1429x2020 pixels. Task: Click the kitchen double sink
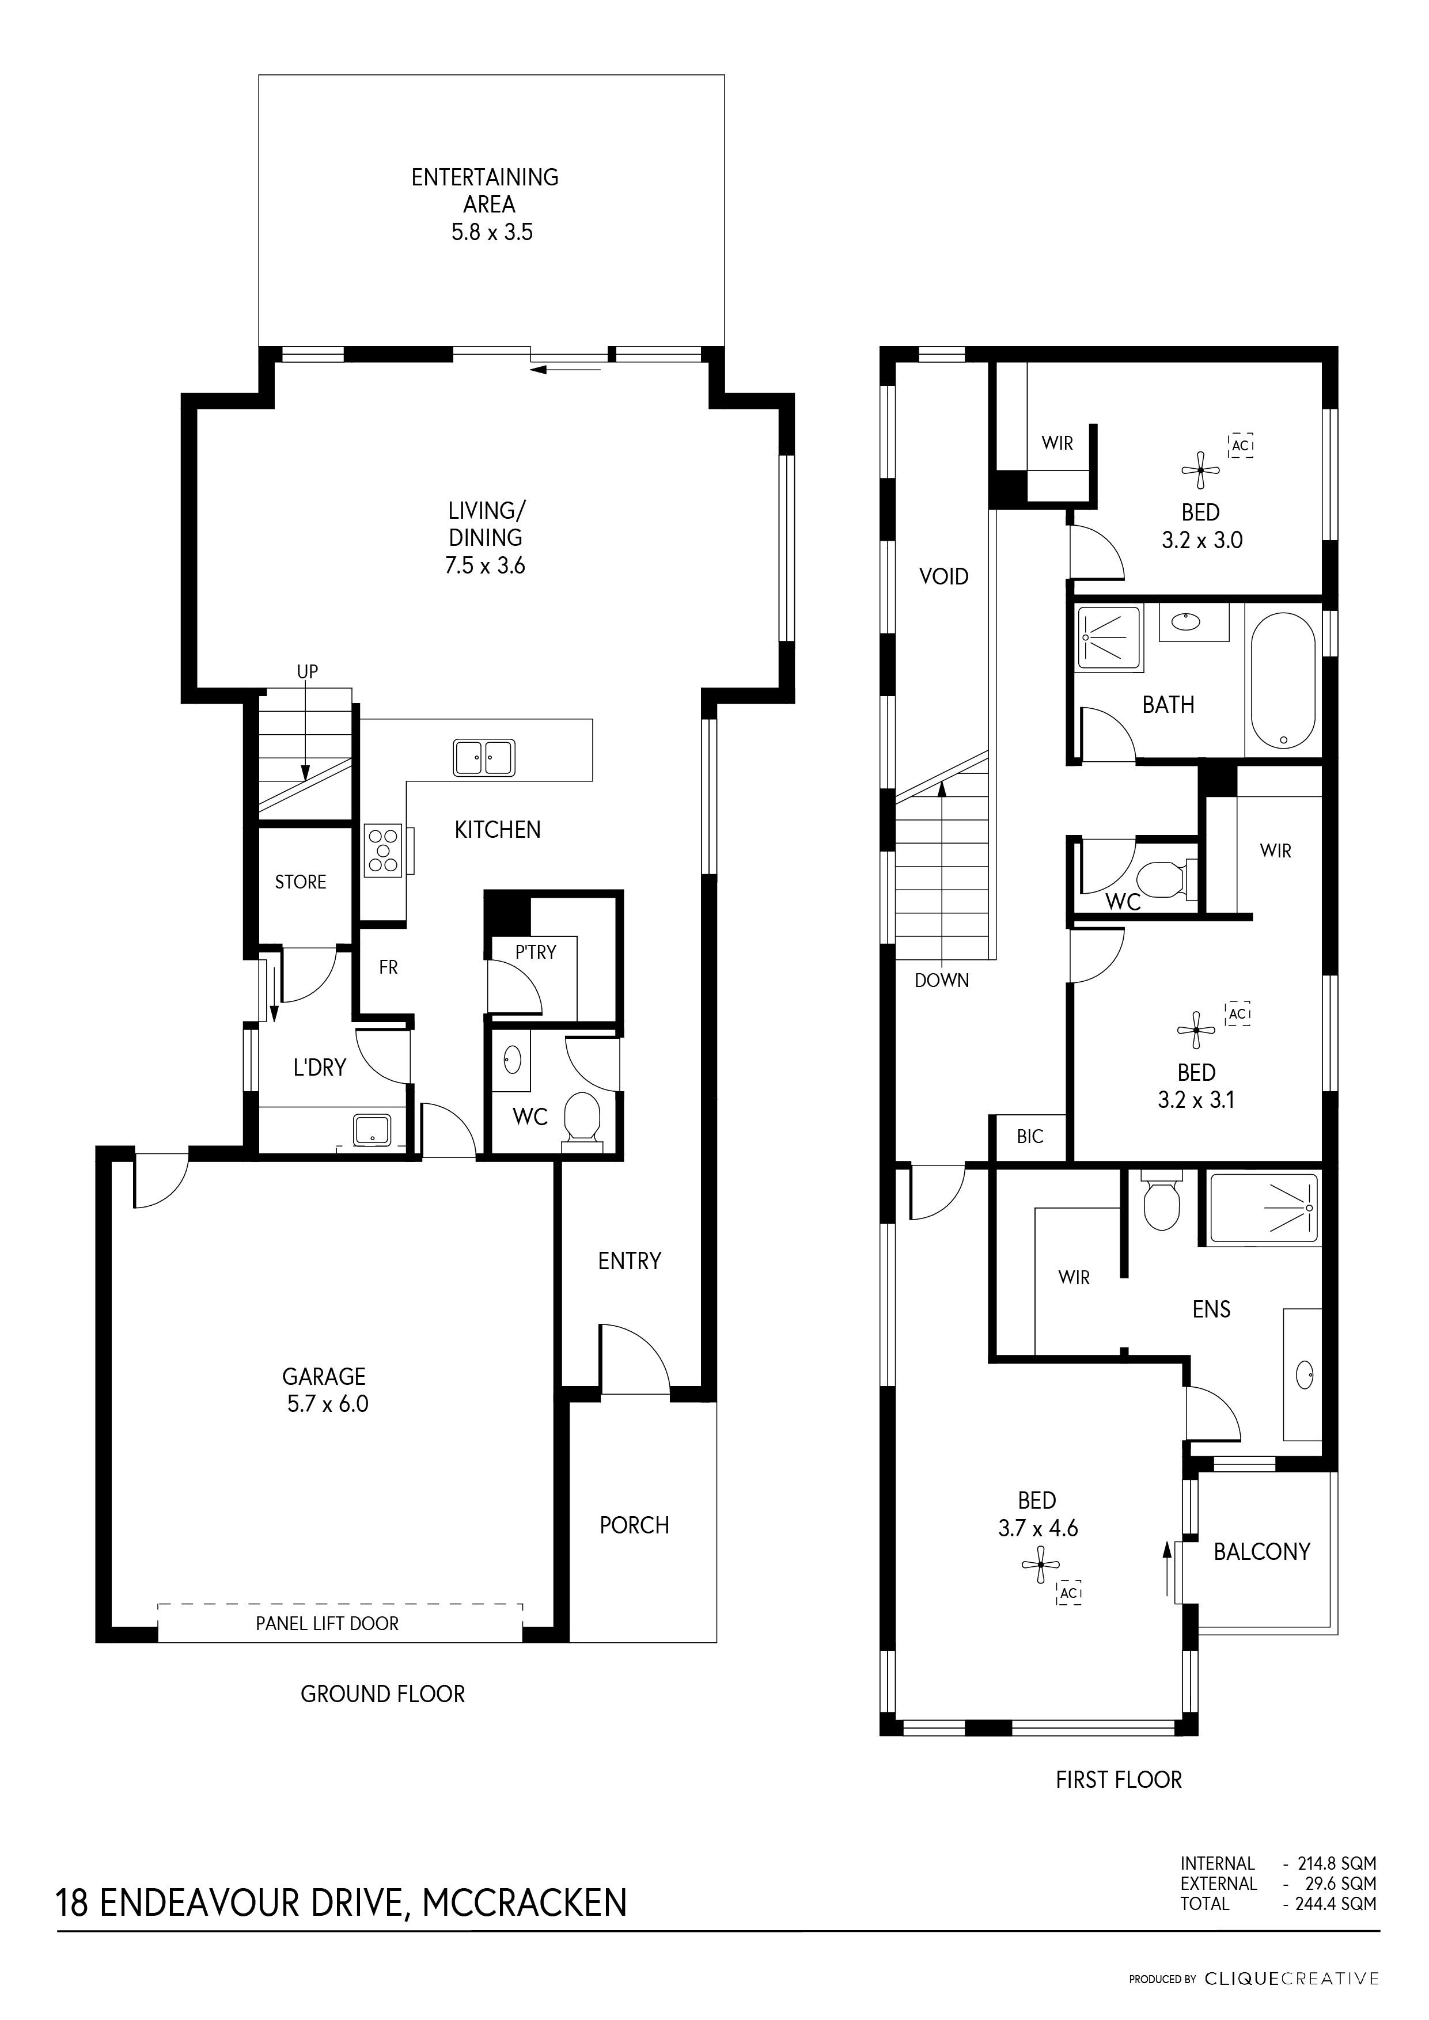[484, 758]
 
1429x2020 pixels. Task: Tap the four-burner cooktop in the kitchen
[383, 850]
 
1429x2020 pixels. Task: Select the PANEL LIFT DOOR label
[327, 1624]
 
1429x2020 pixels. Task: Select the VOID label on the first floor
[943, 577]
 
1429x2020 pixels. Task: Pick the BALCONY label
[1262, 1551]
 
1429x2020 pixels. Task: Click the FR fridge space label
[388, 968]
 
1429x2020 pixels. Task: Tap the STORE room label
[300, 882]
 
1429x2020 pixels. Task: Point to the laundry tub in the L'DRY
[372, 1130]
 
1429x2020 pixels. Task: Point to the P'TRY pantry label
[536, 951]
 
